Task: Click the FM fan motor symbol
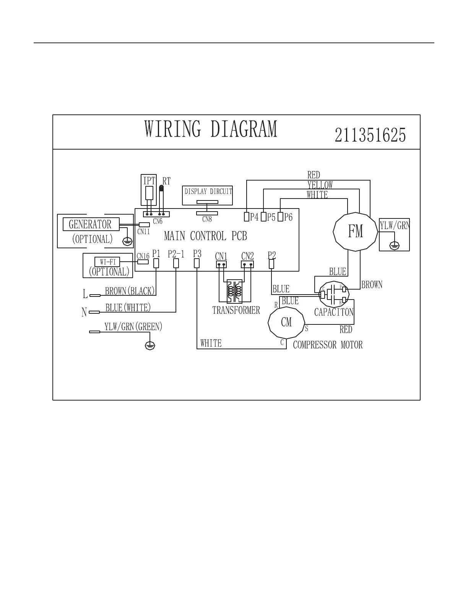coord(355,231)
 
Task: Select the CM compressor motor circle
coord(286,322)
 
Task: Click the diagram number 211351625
coord(370,135)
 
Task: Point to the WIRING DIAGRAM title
coord(211,129)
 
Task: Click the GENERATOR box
coord(91,224)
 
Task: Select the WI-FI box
coord(107,262)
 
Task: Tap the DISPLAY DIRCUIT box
coord(208,192)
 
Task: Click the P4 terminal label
coord(254,217)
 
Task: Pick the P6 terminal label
coord(288,217)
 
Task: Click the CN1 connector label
coord(221,256)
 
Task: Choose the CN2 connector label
coord(247,256)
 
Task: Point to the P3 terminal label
coord(197,253)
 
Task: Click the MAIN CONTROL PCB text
coord(205,236)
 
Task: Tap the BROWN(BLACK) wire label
coord(130,291)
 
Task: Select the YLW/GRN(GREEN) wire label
coord(133,327)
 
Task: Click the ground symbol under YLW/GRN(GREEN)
coord(150,346)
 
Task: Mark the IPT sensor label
coord(149,181)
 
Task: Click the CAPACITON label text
coord(334,312)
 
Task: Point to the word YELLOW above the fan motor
coord(320,185)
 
